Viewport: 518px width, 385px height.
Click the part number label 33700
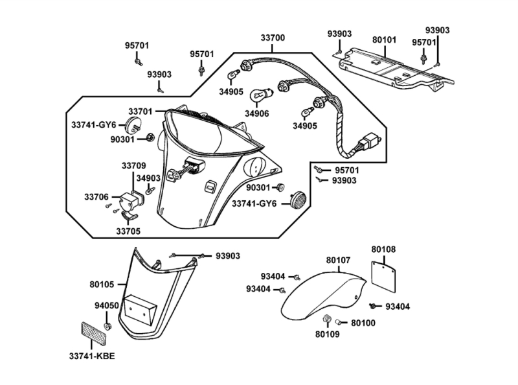273,38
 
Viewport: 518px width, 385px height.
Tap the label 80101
384,40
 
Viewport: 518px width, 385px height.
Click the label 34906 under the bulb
258,114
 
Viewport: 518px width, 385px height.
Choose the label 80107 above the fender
338,261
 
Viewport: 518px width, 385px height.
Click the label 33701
141,111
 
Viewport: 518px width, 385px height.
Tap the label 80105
102,284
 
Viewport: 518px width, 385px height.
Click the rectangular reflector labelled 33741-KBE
95,334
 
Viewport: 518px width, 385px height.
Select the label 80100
362,322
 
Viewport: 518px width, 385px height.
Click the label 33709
134,165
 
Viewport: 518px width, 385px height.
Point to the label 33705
128,229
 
